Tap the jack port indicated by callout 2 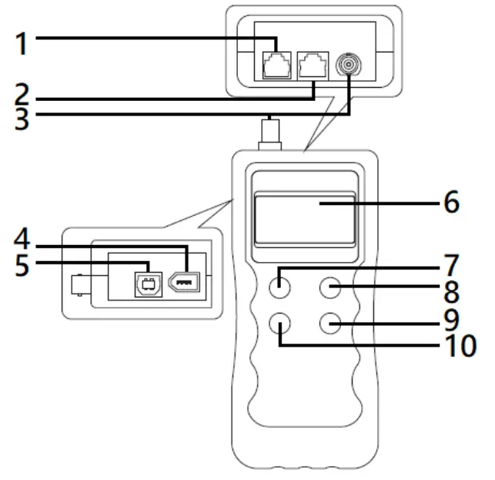click(x=312, y=64)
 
